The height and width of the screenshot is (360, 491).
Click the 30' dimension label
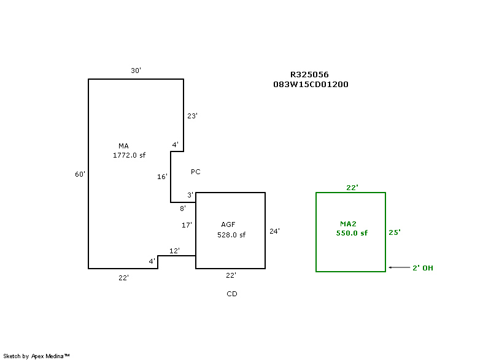(136, 71)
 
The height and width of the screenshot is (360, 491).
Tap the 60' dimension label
(80, 174)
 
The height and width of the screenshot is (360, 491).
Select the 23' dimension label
(192, 116)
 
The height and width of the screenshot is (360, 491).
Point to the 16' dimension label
(162, 177)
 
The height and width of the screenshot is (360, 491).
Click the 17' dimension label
(187, 225)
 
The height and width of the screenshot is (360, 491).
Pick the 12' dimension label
(174, 250)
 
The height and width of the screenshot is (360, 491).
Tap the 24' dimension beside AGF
(274, 231)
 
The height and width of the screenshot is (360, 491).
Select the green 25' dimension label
(395, 232)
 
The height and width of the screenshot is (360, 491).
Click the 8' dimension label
(183, 209)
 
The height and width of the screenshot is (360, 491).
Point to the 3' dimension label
(190, 195)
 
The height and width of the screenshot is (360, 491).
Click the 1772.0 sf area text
(129, 156)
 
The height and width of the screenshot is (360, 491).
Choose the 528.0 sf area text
(231, 235)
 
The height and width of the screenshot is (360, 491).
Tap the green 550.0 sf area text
(352, 233)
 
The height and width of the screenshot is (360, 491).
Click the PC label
(196, 172)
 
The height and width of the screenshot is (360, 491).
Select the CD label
(231, 294)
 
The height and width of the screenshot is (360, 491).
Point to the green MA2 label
(348, 223)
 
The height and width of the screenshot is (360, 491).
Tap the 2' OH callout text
(423, 268)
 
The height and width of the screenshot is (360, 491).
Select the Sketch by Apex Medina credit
(36, 356)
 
